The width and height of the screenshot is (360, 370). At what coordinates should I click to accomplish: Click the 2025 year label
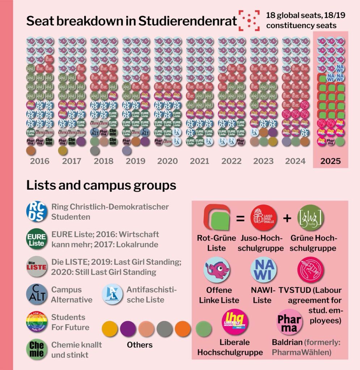[x=331, y=161]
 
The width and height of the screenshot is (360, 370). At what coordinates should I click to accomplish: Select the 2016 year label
[x=39, y=161]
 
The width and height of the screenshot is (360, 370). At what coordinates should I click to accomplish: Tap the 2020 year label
[x=167, y=161]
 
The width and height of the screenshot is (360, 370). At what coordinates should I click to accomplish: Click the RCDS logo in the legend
[x=37, y=211]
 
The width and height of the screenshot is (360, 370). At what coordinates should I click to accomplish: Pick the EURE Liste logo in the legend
[x=37, y=239]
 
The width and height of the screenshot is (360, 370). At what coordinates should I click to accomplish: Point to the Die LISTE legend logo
[x=37, y=267]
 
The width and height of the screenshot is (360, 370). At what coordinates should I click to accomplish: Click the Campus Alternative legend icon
[x=37, y=294]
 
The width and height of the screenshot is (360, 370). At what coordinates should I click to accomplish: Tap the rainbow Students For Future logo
[x=37, y=322]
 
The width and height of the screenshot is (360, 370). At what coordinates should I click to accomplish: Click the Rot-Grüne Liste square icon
[x=217, y=218]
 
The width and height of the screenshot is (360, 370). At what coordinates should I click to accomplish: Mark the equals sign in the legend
[x=241, y=219]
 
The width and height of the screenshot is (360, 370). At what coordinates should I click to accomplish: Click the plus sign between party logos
[x=287, y=218]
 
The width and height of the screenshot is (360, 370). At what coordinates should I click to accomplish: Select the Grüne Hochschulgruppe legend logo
[x=310, y=218]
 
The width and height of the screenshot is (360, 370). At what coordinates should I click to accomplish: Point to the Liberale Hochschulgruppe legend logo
[x=235, y=322]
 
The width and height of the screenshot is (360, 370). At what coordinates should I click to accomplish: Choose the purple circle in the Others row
[x=128, y=329]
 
